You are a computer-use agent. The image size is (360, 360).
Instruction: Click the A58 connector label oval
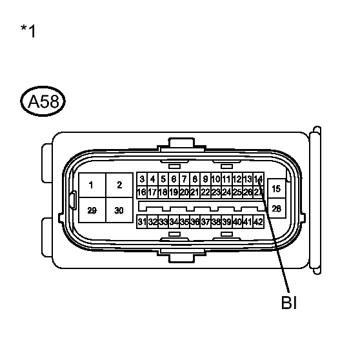click(x=43, y=101)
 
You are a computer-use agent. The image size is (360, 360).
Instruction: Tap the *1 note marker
click(x=28, y=31)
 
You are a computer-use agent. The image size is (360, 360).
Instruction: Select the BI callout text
click(x=289, y=303)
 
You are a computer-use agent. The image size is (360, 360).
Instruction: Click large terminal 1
click(x=92, y=185)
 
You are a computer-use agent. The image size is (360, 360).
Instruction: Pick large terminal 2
click(x=119, y=185)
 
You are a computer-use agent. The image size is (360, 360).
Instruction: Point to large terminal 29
click(x=92, y=210)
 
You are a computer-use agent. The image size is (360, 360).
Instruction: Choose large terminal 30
click(x=119, y=210)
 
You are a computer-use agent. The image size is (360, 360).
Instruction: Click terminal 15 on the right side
click(x=276, y=189)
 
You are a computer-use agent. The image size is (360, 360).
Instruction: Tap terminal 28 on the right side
click(x=276, y=208)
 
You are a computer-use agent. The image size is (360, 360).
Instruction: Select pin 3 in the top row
click(x=142, y=179)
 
